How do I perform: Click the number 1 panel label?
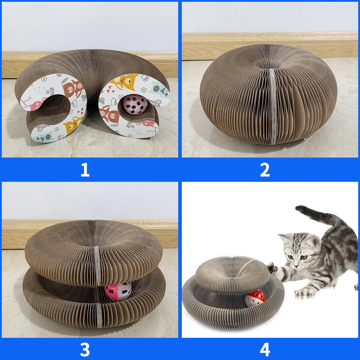coord(85,170)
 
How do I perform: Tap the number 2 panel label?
coord(265,170)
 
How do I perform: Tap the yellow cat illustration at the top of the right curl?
coord(126,82)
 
